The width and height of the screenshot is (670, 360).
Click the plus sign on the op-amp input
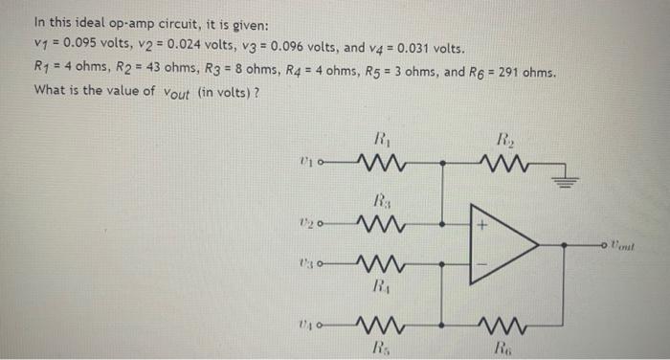tap(484, 227)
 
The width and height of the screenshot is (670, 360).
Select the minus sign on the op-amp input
tap(484, 261)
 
